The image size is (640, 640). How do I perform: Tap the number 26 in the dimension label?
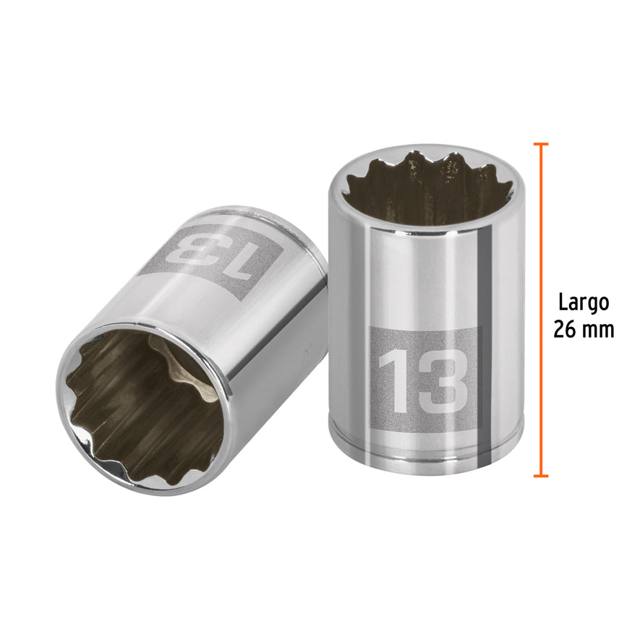pos(567,330)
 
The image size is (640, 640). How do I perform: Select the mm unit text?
pos(598,330)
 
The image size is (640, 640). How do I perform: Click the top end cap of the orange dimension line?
pos(540,144)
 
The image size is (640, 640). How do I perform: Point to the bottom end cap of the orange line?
pos(540,476)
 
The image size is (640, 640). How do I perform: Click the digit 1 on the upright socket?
pos(392,380)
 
